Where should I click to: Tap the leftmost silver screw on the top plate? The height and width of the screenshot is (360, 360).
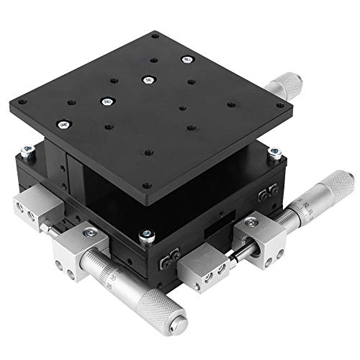point(106,102)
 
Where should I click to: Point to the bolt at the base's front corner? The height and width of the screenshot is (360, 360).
point(148,234)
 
